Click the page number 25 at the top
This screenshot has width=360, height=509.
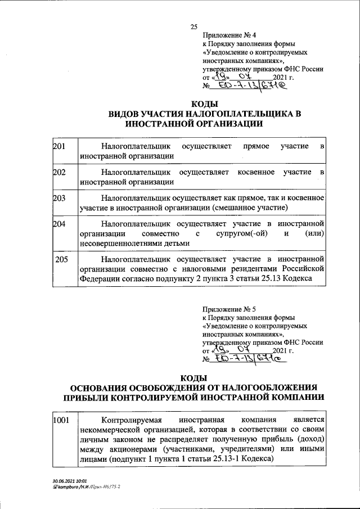click(x=194, y=26)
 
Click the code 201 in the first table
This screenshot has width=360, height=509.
click(x=59, y=146)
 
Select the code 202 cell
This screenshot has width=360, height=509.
click(x=59, y=172)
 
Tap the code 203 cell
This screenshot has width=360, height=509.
click(x=59, y=197)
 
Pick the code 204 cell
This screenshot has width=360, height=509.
click(x=59, y=223)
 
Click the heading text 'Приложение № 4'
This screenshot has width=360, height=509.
click(x=224, y=35)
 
